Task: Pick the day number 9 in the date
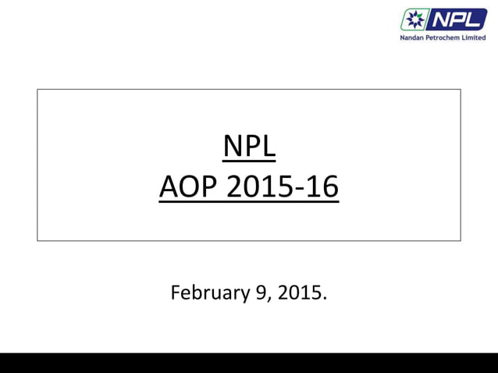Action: click(x=254, y=293)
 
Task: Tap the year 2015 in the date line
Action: click(x=297, y=293)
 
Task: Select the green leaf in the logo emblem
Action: click(x=420, y=14)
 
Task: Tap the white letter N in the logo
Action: click(x=442, y=20)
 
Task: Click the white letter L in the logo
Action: click(x=477, y=20)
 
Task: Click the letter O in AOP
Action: click(x=188, y=188)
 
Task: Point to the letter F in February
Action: click(x=176, y=293)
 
